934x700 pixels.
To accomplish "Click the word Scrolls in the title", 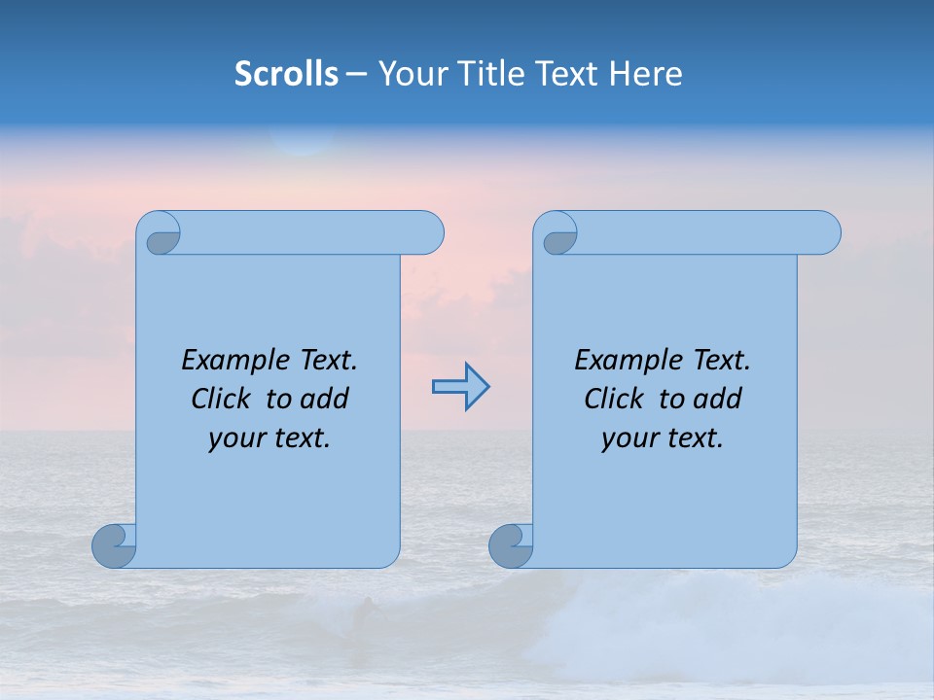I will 286,74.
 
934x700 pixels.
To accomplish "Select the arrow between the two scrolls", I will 460,387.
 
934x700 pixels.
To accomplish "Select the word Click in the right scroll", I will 615,399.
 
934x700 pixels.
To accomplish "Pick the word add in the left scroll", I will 326,399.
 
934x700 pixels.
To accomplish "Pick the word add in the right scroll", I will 719,399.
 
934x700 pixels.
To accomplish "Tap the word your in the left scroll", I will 234,438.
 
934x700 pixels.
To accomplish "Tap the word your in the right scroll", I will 628,438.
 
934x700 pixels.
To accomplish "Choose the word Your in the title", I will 409,74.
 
